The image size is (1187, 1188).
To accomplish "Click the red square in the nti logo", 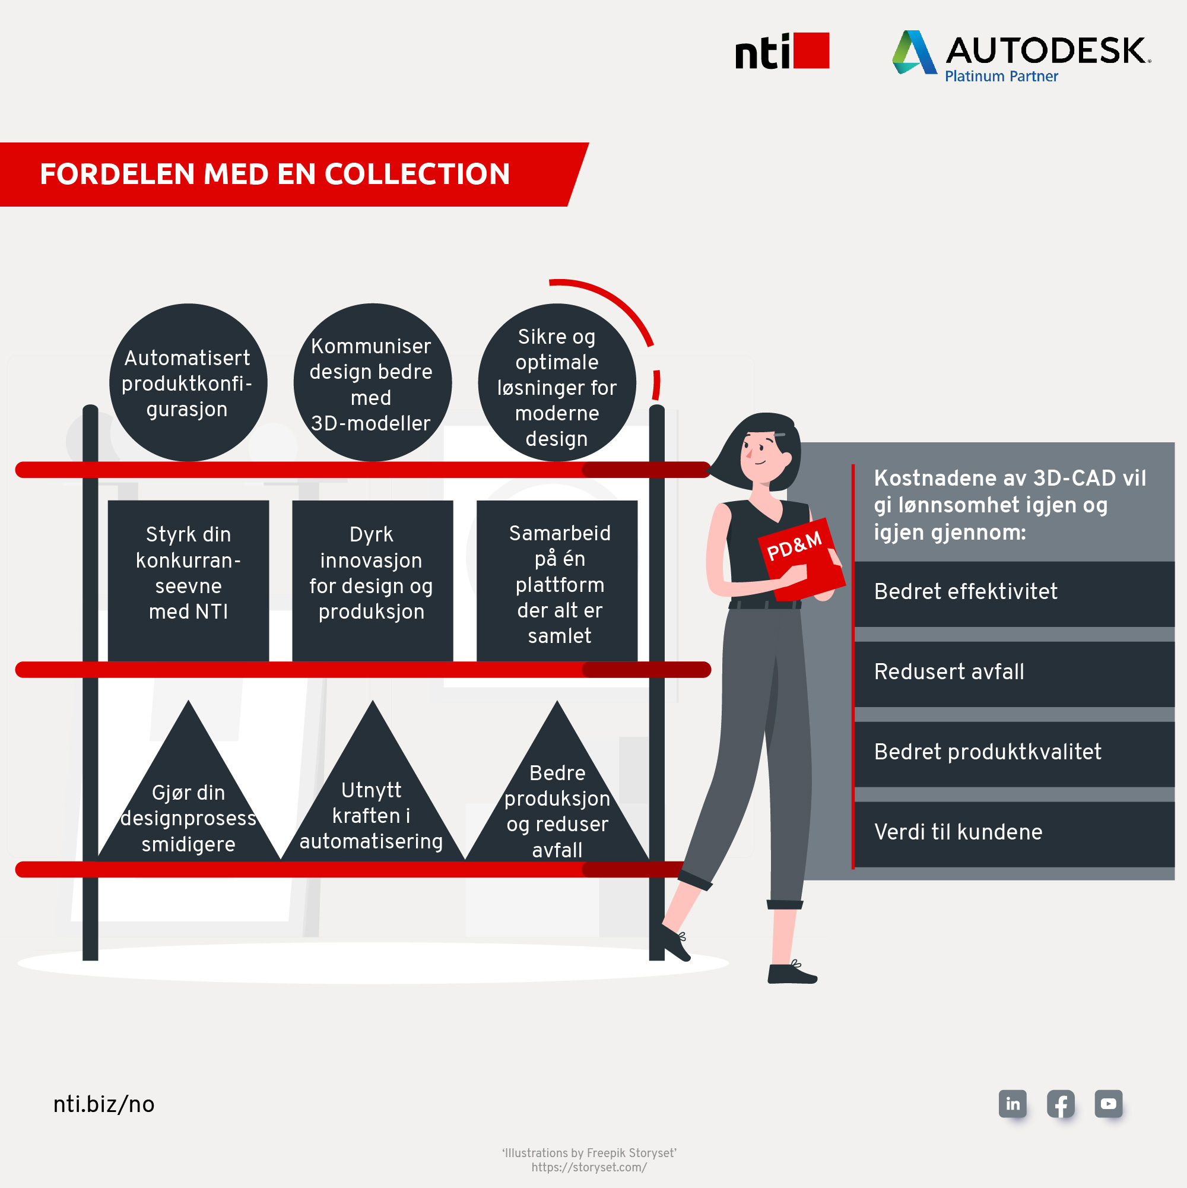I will [811, 50].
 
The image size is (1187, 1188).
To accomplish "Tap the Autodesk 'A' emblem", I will [913, 53].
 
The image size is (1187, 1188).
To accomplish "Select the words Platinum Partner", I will [1001, 76].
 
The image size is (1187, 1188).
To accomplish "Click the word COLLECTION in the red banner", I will [417, 174].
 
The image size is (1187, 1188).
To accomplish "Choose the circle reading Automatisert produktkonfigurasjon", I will [188, 382].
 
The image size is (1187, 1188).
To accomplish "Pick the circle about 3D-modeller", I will [372, 382].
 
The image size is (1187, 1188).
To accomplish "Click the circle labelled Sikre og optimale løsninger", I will [556, 382].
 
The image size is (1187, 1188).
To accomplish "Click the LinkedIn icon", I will [1013, 1104].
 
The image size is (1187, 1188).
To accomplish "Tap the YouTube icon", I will [1108, 1104].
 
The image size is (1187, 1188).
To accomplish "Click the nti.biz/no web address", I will [104, 1104].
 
